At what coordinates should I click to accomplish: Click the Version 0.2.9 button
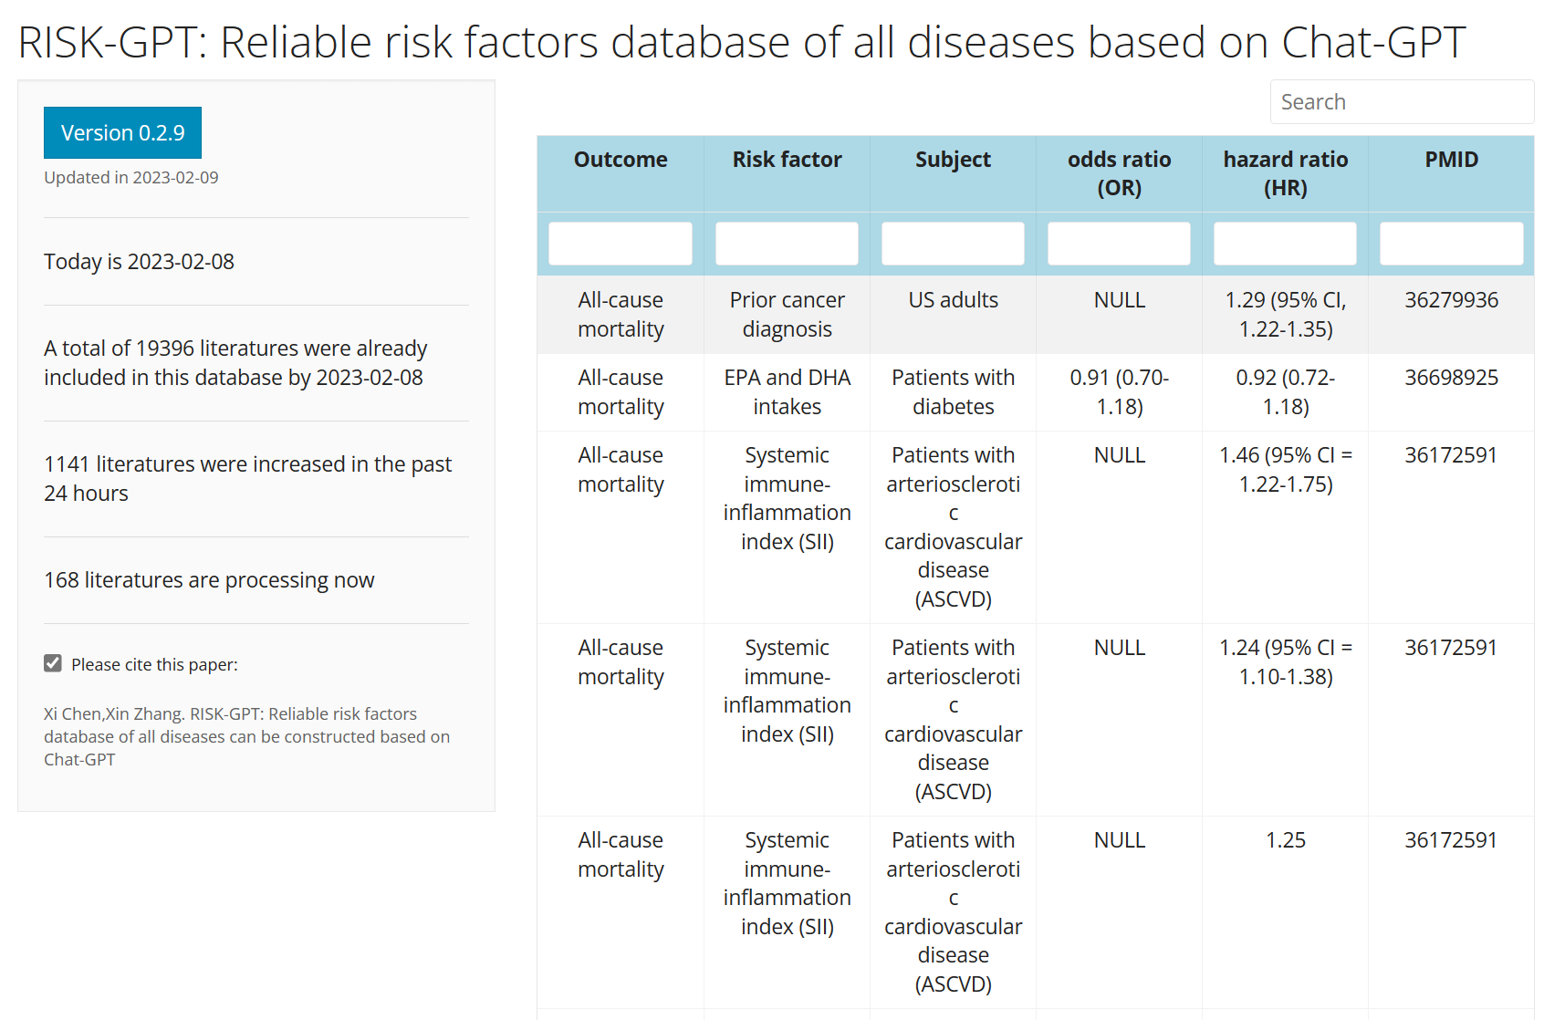click(122, 133)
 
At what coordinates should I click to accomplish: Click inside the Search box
click(1401, 102)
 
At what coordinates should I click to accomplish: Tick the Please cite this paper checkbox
click(53, 663)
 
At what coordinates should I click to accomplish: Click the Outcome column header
click(621, 160)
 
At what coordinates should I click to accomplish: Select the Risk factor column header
click(787, 160)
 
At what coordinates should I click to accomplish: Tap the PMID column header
click(1451, 160)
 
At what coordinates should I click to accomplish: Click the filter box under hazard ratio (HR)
click(1285, 244)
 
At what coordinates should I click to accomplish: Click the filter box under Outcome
click(621, 244)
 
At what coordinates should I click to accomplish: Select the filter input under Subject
click(953, 244)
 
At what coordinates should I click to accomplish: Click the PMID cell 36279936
click(1451, 300)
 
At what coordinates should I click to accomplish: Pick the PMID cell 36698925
click(1451, 378)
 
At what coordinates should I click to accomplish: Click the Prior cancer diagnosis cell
click(787, 314)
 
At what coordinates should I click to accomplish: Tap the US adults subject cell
click(953, 300)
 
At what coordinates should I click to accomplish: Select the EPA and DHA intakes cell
click(787, 391)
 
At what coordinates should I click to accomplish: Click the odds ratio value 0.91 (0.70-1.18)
click(1119, 391)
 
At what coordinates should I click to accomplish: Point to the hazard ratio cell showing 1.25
click(1285, 840)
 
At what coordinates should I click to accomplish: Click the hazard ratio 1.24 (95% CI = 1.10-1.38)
click(1285, 661)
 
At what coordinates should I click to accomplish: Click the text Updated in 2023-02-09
click(131, 178)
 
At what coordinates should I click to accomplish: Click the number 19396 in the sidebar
click(164, 349)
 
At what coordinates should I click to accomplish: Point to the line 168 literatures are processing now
click(209, 580)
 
